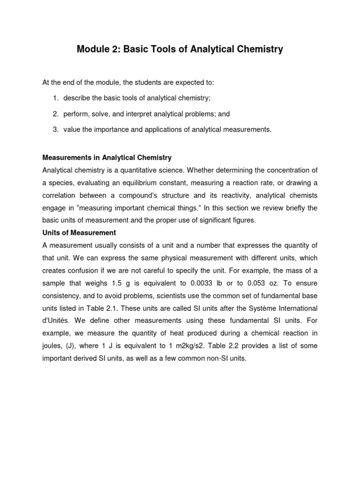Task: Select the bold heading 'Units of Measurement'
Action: click(79, 232)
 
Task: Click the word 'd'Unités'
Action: click(58, 321)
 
